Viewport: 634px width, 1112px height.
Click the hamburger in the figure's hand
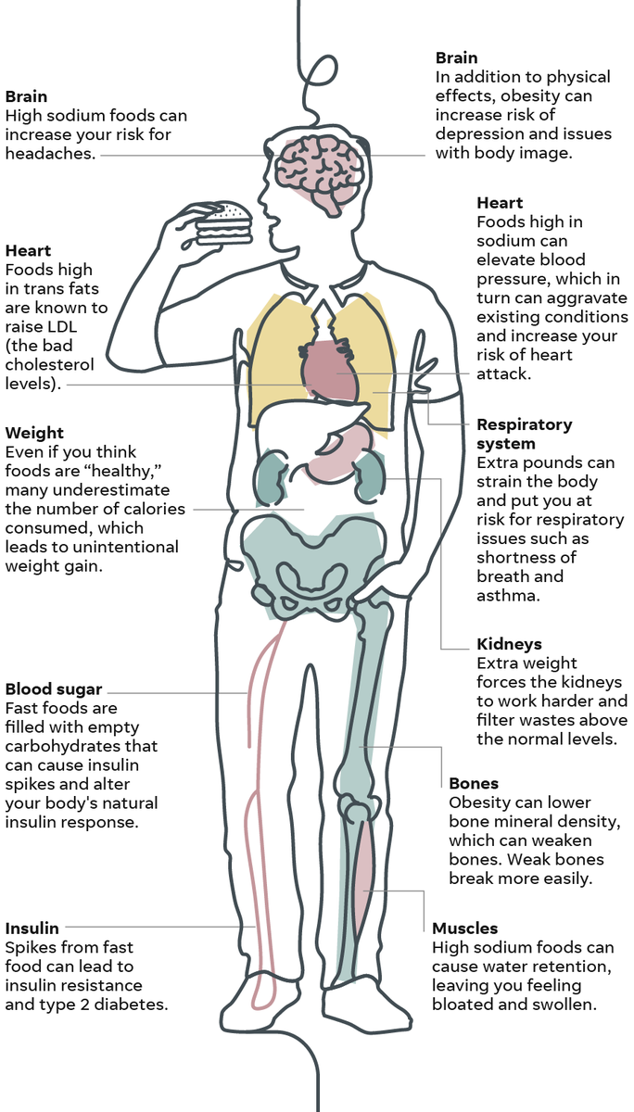coord(224,223)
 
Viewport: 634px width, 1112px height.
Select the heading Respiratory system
coord(524,434)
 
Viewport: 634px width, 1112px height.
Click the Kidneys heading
coord(509,644)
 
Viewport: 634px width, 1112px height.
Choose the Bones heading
coord(474,783)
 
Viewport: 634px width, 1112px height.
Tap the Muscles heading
coord(465,928)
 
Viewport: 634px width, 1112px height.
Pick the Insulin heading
coord(32,928)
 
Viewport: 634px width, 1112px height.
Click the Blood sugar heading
coord(54,689)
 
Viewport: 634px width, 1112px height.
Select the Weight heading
coord(34,433)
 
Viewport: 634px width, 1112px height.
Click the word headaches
coord(51,154)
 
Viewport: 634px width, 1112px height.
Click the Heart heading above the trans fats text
coord(28,250)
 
